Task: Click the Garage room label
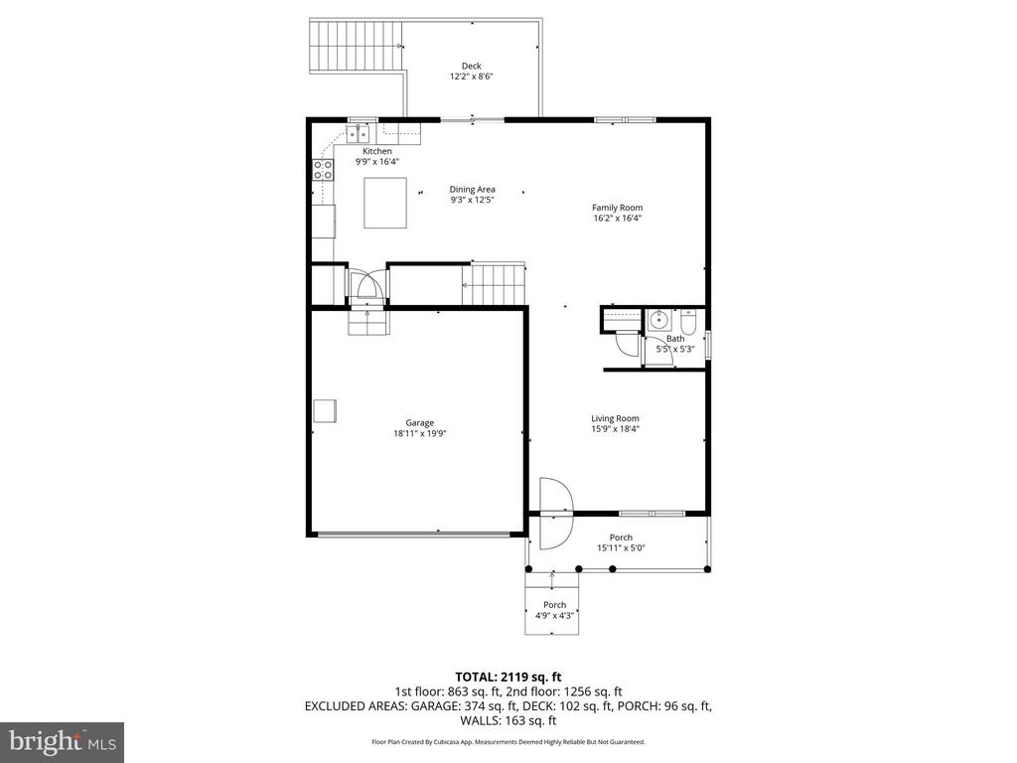click(419, 422)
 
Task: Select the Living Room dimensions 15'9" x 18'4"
click(615, 429)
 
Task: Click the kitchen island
click(384, 203)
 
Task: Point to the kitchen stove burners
click(324, 170)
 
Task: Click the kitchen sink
click(359, 131)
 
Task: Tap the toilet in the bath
click(688, 322)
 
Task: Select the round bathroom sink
click(657, 321)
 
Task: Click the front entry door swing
click(552, 513)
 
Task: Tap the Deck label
click(471, 66)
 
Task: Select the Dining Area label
click(472, 189)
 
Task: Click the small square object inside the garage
click(325, 410)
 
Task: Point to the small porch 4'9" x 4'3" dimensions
click(554, 616)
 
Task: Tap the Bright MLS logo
click(62, 740)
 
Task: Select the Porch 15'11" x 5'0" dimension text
click(621, 548)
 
